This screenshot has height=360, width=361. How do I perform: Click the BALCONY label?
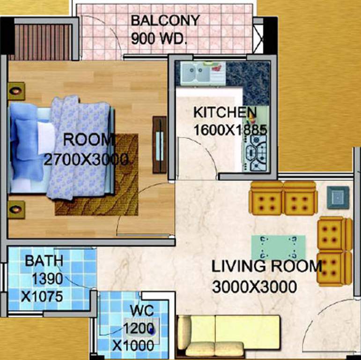click(x=165, y=21)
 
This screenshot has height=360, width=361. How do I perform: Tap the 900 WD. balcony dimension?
click(x=159, y=39)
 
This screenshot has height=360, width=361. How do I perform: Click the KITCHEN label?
click(x=225, y=113)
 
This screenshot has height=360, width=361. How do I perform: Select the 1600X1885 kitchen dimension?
click(x=229, y=130)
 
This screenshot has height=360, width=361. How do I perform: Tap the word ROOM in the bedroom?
click(x=89, y=140)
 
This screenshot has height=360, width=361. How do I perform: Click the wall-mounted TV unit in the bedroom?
click(x=159, y=144)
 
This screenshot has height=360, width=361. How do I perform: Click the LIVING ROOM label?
click(x=267, y=267)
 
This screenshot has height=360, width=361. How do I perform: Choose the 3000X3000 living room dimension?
click(x=254, y=286)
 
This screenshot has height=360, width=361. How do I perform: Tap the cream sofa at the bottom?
click(x=228, y=335)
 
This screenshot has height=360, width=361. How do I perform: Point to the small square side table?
click(x=337, y=197)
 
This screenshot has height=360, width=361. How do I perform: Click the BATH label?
click(x=44, y=261)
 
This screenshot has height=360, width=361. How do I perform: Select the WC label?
click(x=139, y=311)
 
